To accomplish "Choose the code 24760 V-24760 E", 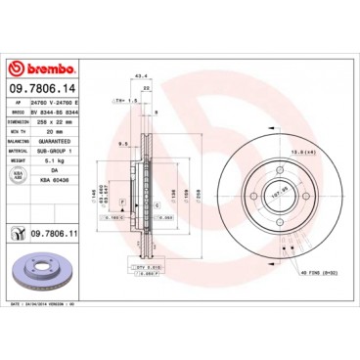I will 65,103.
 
